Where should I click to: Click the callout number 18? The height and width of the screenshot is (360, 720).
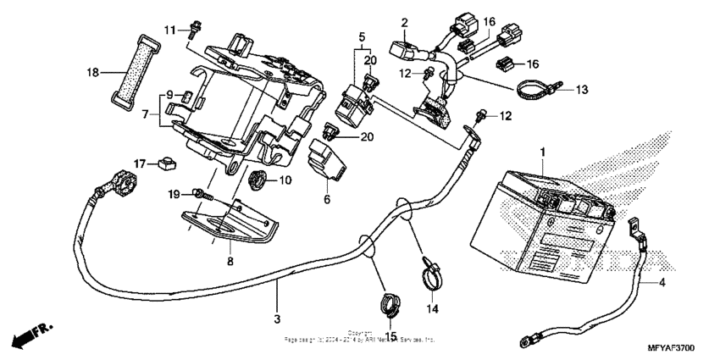(94, 73)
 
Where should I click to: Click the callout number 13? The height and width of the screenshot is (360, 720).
(582, 89)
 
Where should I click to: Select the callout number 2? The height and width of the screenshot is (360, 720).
(405, 22)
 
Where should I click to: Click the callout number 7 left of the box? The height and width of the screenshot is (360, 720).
(147, 113)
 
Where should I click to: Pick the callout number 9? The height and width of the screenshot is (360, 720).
(170, 94)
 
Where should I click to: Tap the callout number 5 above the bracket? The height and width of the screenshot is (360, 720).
(362, 38)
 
